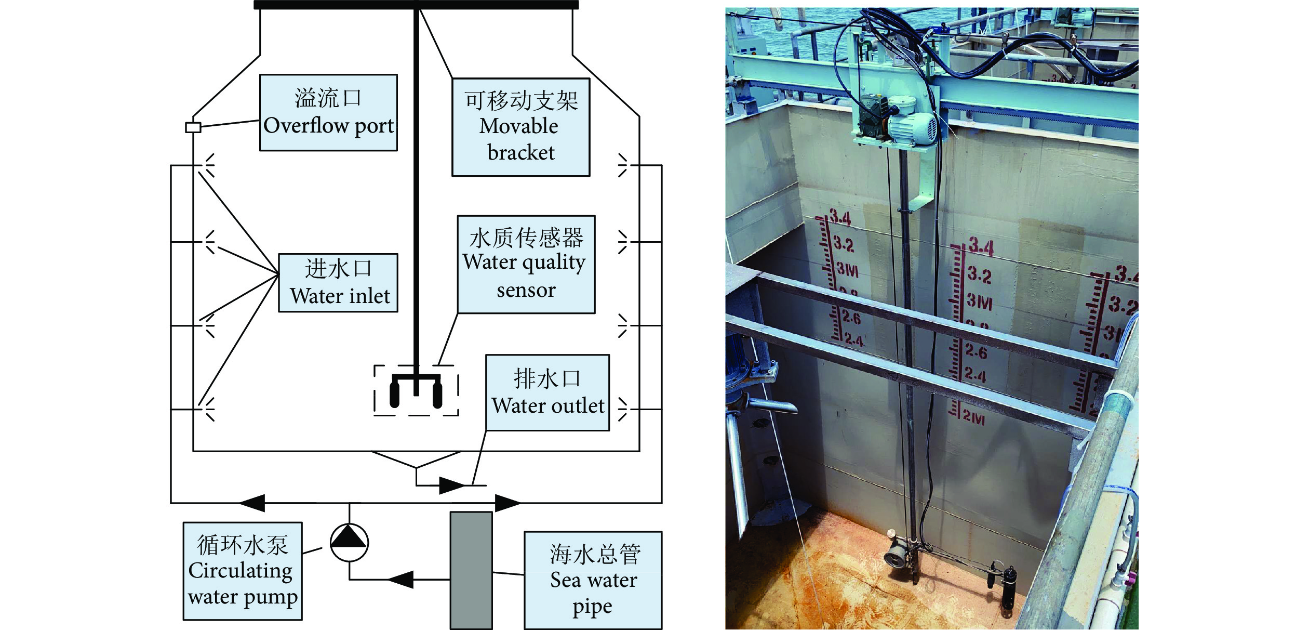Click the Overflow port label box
pyautogui.click(x=328, y=113)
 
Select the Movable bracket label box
pyautogui.click(x=520, y=127)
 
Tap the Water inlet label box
pyautogui.click(x=338, y=283)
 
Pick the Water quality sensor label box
pyautogui.click(x=526, y=265)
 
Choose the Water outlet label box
pyautogui.click(x=547, y=393)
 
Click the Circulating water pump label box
pyautogui.click(x=243, y=571)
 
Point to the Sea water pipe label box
pyautogui.click(x=593, y=580)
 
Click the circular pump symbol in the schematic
pyautogui.click(x=349, y=543)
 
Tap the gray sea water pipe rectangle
pyautogui.click(x=471, y=571)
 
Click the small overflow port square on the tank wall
pyautogui.click(x=193, y=127)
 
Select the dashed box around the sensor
pyautogui.click(x=416, y=390)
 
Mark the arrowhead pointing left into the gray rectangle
pyautogui.click(x=401, y=579)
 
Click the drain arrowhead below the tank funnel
pyautogui.click(x=452, y=485)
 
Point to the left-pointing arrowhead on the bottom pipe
pyautogui.click(x=252, y=503)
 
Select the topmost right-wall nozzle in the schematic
pyautogui.click(x=622, y=165)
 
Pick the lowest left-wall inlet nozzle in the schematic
pyautogui.click(x=209, y=410)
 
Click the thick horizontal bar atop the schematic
pyautogui.click(x=416, y=5)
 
